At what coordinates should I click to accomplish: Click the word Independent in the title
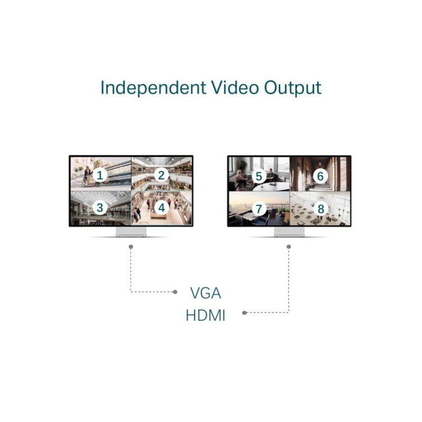click(153, 88)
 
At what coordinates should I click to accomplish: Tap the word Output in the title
click(293, 88)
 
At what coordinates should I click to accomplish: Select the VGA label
click(206, 293)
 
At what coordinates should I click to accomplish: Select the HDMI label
click(205, 315)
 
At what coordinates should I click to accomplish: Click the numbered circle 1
click(100, 176)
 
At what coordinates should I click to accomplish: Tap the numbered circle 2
click(161, 176)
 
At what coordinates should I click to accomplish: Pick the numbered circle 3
click(100, 208)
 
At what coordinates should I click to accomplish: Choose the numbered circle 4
click(161, 208)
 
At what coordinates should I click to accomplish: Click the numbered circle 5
click(259, 177)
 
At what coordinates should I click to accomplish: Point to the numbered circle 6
click(320, 177)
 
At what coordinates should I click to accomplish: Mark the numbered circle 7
click(259, 209)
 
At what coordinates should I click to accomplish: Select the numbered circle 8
click(321, 209)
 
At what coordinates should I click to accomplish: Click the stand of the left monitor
click(131, 232)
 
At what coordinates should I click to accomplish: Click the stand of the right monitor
click(289, 232)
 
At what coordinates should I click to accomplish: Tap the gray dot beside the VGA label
click(175, 292)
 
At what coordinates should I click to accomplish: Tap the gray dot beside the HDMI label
click(244, 313)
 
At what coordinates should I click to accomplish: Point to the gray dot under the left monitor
click(131, 247)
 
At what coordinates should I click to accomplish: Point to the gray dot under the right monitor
click(289, 247)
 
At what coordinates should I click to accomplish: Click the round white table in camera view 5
click(271, 187)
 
